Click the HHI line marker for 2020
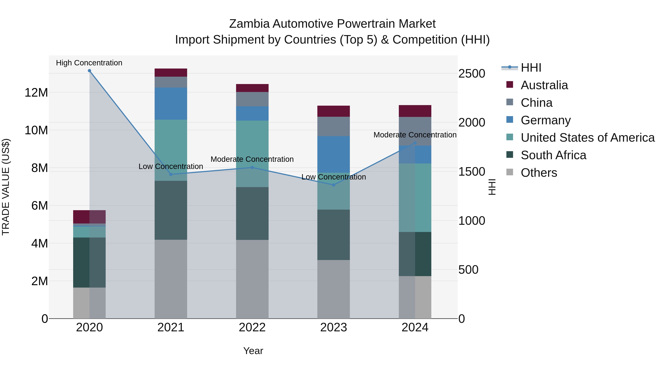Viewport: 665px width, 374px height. pyautogui.click(x=89, y=71)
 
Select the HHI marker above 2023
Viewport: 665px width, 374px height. pyautogui.click(x=334, y=185)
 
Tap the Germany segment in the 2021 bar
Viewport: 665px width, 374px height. pyautogui.click(x=171, y=103)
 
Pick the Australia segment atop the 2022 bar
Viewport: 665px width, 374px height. pyautogui.click(x=252, y=88)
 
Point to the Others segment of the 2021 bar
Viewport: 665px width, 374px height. pyautogui.click(x=171, y=279)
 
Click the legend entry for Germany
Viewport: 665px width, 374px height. pyautogui.click(x=545, y=120)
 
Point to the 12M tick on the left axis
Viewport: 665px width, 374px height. pyautogui.click(x=36, y=92)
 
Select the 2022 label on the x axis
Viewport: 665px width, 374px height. pyautogui.click(x=252, y=327)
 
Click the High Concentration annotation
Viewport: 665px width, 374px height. pyautogui.click(x=89, y=63)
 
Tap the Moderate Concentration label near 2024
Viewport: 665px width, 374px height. pyautogui.click(x=415, y=135)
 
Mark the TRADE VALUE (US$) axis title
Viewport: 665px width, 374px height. pyautogui.click(x=6, y=187)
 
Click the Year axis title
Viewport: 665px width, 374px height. pyautogui.click(x=253, y=351)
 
